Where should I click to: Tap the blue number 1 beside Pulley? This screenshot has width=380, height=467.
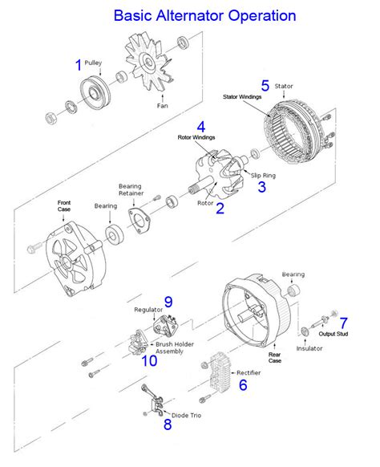(x=78, y=65)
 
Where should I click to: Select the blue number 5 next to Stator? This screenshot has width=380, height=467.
(x=265, y=85)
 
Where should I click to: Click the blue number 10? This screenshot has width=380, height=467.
(x=149, y=360)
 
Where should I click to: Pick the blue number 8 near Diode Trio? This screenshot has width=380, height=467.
(x=167, y=425)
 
